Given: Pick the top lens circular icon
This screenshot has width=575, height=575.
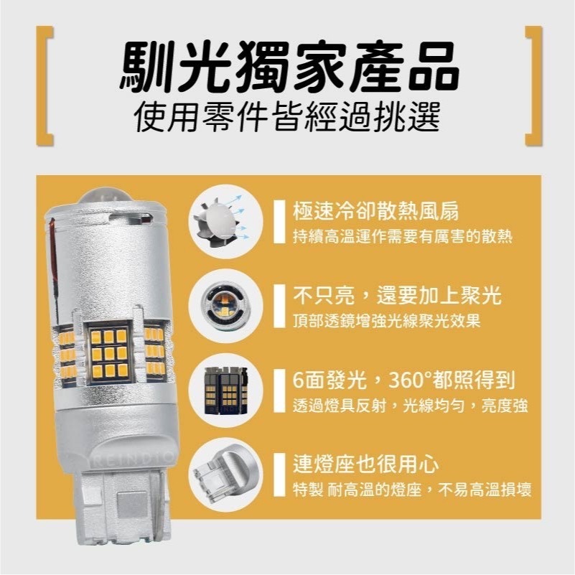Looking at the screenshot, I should tap(220, 301).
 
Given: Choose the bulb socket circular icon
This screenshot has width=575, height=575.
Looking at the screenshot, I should tap(220, 471).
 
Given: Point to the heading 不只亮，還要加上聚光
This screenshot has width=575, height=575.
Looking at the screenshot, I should tap(397, 295).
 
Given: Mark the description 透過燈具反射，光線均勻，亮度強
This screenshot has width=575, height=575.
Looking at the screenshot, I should tap(411, 405).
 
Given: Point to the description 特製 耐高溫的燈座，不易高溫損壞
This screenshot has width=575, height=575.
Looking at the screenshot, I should tap(412, 490).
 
